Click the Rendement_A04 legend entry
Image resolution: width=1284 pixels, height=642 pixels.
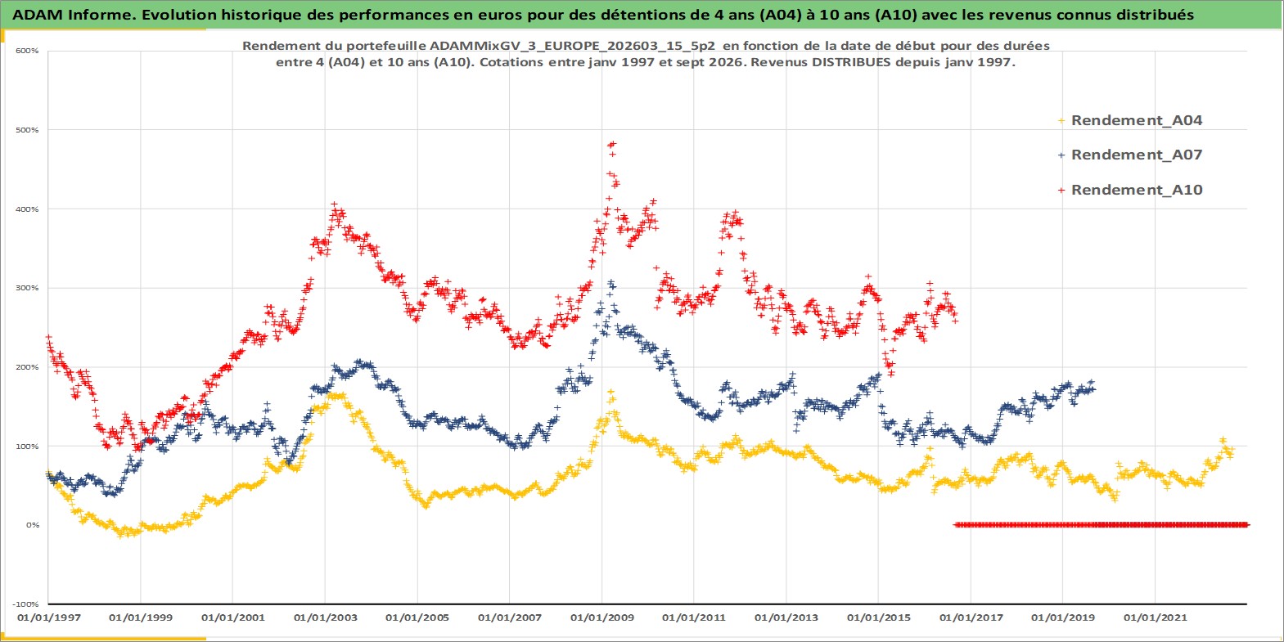[x=1130, y=120]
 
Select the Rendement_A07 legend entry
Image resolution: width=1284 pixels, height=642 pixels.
[x=1130, y=155]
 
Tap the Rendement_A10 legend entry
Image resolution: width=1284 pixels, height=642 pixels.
[x=1130, y=190]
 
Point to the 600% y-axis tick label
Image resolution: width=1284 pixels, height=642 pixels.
[x=27, y=51]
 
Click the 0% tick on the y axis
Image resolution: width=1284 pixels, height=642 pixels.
[x=32, y=524]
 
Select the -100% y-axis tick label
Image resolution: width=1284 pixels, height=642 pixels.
[x=25, y=604]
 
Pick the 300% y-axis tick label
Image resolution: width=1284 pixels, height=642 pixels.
[x=27, y=288]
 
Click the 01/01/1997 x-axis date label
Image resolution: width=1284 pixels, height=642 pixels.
[x=49, y=617]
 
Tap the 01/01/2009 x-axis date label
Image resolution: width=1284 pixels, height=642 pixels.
[x=601, y=617]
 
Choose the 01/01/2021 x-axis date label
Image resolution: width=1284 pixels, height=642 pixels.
[x=1155, y=617]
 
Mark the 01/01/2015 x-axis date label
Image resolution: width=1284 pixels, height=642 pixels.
[x=878, y=617]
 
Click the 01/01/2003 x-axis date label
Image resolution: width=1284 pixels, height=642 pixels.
[x=325, y=617]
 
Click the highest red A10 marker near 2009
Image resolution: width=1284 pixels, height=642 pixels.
[x=614, y=143]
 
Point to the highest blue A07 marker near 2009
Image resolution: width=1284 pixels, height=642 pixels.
[x=611, y=282]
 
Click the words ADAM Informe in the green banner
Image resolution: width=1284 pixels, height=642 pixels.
[x=72, y=15]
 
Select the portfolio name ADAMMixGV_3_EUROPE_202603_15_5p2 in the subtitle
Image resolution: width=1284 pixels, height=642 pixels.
[x=572, y=46]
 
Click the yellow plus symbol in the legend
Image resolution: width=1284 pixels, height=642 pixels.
[x=1061, y=121]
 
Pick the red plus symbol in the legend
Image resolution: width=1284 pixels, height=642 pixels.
[x=1061, y=190]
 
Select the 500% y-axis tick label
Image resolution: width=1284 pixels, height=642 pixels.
[x=27, y=130]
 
